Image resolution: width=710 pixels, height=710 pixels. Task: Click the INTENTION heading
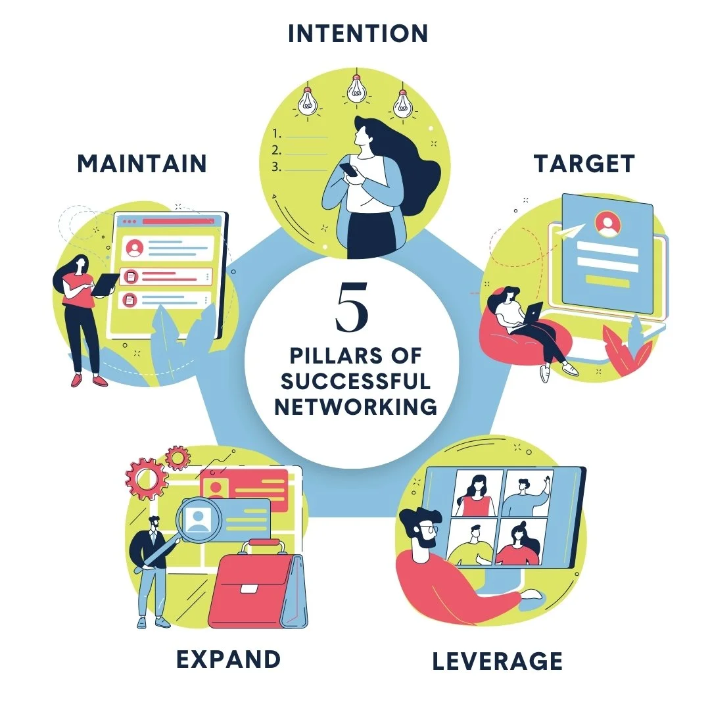(358, 33)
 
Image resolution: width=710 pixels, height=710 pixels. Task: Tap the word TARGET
(584, 164)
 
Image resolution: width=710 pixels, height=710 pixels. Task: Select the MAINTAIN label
(141, 164)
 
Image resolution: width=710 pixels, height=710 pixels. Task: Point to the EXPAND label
(228, 658)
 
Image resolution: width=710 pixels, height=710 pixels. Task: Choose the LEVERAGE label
(497, 661)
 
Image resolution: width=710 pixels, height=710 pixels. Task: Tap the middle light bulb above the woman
(356, 87)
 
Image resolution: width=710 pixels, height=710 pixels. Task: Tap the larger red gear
(147, 479)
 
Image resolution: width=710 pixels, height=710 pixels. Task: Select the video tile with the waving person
(527, 493)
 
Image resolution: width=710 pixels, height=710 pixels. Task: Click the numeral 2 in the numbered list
(277, 149)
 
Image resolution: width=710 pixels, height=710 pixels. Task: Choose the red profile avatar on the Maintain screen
(135, 247)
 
